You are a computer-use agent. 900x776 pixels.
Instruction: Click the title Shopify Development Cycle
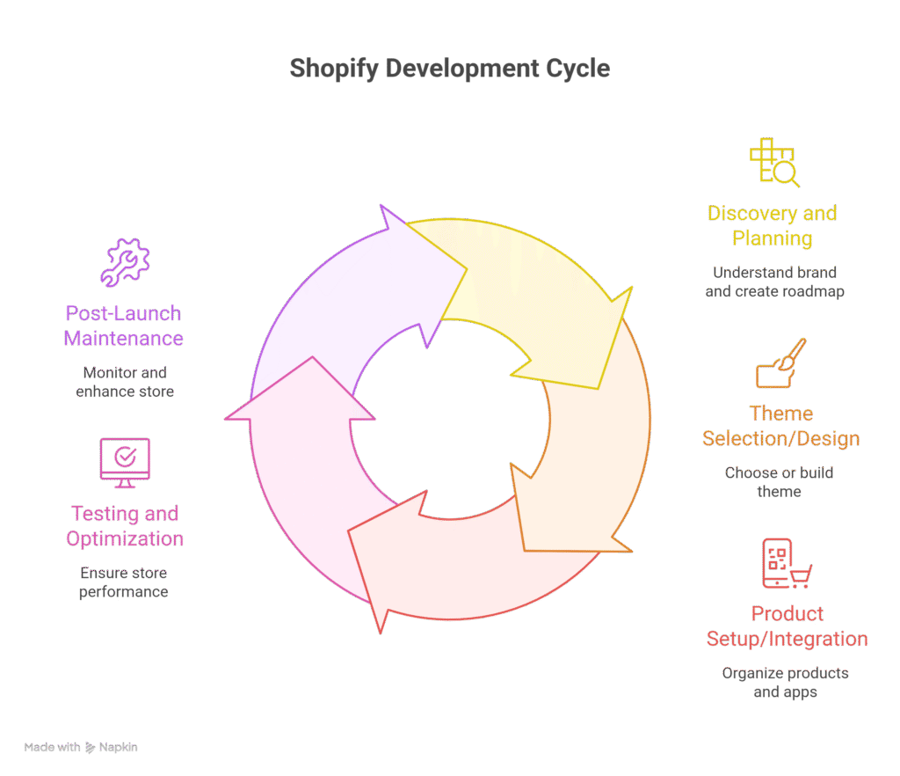click(x=449, y=69)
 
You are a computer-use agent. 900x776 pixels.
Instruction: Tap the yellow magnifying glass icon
click(x=773, y=164)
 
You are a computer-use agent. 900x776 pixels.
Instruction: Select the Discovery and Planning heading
click(x=772, y=225)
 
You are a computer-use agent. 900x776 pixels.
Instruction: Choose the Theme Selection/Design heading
click(x=780, y=426)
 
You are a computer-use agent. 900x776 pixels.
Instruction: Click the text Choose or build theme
click(x=779, y=482)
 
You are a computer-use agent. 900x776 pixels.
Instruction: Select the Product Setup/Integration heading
click(x=787, y=626)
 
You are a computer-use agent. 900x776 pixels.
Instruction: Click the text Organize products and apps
click(x=785, y=683)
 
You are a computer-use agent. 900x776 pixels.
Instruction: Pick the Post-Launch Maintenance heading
click(x=124, y=326)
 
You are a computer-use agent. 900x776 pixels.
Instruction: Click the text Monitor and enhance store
click(x=125, y=382)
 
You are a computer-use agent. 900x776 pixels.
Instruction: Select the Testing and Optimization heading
click(x=125, y=526)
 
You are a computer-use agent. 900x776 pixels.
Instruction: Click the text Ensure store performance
click(x=124, y=582)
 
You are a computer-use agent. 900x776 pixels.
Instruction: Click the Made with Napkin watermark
click(x=81, y=747)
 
